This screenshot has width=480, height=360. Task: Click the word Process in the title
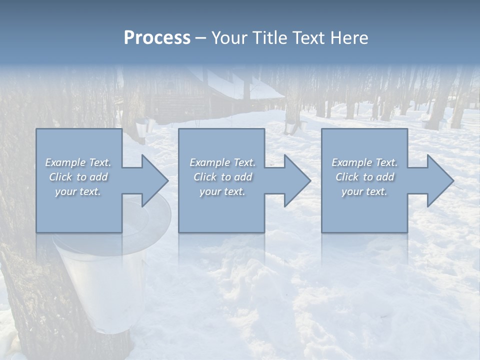(x=157, y=38)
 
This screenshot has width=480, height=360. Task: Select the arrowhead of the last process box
(x=439, y=181)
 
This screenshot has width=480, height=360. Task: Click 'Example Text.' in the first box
(x=78, y=162)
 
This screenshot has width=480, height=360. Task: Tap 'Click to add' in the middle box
(x=222, y=177)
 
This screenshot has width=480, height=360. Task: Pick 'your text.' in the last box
(x=364, y=191)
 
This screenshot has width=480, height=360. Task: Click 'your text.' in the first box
(x=78, y=191)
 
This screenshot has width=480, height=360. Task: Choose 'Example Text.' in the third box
(x=364, y=162)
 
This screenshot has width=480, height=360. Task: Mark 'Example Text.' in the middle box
(x=222, y=162)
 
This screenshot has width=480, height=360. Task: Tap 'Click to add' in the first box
(x=78, y=177)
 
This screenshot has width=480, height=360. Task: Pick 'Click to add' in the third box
(x=364, y=177)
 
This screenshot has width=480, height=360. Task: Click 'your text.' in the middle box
(x=222, y=191)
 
